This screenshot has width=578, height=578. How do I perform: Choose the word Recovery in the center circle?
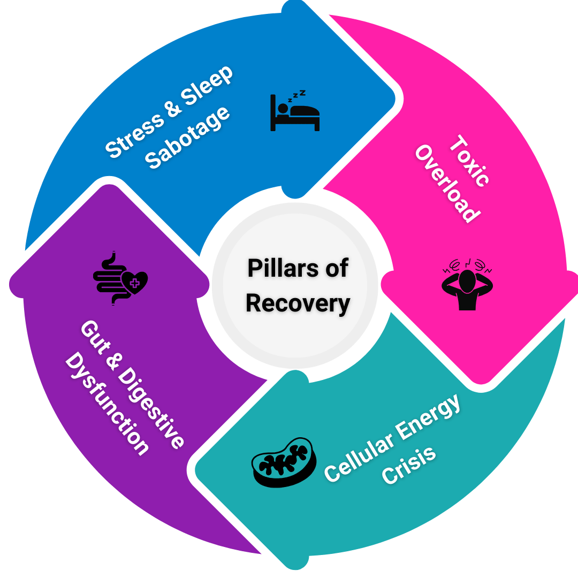(x=298, y=303)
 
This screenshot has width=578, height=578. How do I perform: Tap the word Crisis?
(x=409, y=466)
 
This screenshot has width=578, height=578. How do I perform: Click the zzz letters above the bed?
(x=296, y=95)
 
